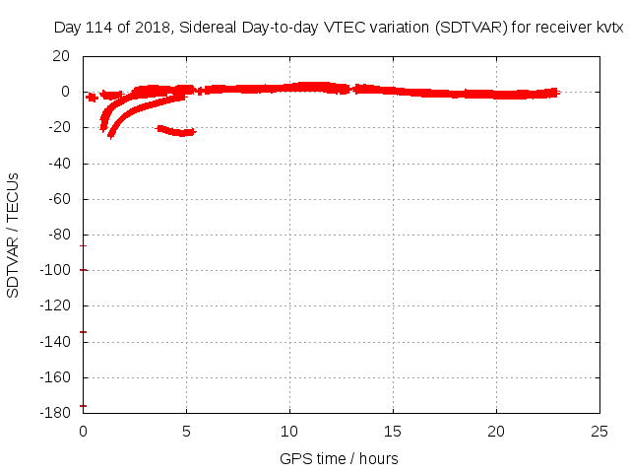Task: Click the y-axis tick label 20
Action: pos(62,56)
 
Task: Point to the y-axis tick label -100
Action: pos(57,270)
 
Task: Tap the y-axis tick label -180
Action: pos(57,413)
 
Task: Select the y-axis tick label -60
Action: pos(60,199)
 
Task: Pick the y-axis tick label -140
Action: pos(57,342)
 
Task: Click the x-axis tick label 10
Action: pos(289,432)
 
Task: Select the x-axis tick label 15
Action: pos(393,432)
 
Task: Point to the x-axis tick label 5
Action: pos(186,432)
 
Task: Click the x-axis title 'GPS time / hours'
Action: pos(339,458)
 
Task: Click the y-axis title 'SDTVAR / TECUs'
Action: pos(14,235)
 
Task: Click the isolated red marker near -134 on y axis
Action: pos(84,332)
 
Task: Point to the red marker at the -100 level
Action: pos(84,270)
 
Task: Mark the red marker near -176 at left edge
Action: pos(84,406)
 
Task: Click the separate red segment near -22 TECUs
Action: pos(177,131)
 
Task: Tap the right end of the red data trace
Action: pos(556,93)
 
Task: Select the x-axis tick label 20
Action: pos(496,432)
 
